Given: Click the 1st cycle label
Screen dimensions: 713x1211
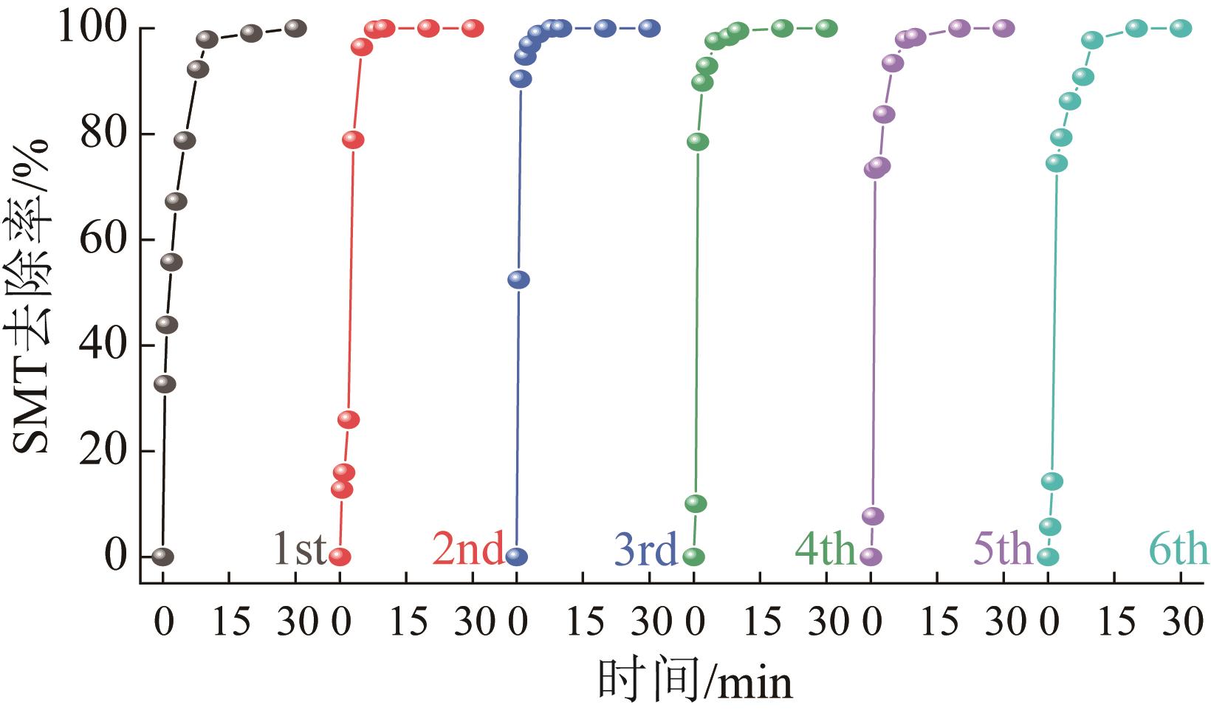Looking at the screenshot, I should point(299,549).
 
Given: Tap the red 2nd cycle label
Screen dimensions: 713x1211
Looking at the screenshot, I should point(468,549).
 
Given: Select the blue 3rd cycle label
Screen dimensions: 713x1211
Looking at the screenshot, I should point(645,549).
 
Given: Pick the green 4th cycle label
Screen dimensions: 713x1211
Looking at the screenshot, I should point(825,549).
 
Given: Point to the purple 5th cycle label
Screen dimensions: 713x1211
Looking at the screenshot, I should point(1002,549).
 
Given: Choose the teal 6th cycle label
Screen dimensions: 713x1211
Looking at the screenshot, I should point(1179,549).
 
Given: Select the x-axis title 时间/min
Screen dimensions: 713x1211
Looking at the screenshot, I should point(694,681).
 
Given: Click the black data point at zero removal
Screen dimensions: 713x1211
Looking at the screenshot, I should point(162,557).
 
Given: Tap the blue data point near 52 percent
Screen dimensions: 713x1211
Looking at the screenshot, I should point(518,280).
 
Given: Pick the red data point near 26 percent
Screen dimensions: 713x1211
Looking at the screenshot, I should point(349,419).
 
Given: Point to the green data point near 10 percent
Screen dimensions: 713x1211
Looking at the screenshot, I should point(696,503).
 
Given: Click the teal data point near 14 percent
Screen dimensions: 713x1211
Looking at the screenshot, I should point(1052,481).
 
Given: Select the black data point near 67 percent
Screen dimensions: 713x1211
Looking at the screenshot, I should point(176,201).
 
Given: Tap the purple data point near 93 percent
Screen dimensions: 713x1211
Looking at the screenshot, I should point(893,63).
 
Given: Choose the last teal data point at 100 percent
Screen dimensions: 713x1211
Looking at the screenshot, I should point(1181,28).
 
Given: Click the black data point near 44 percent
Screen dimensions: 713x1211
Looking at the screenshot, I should point(167,324).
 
